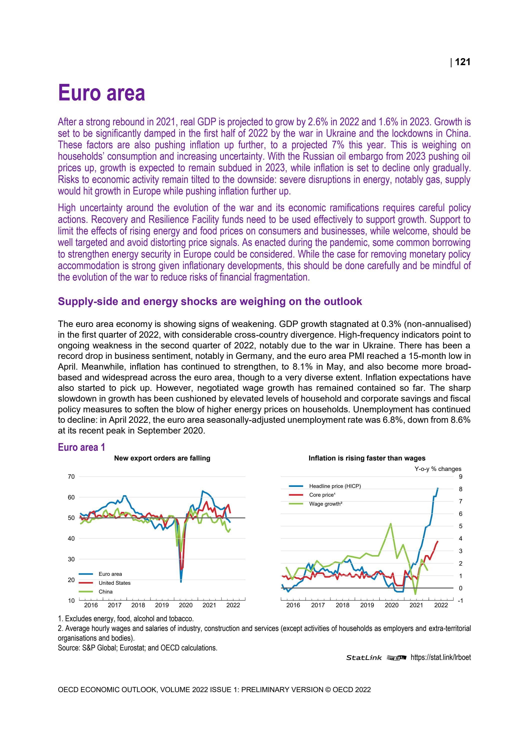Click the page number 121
pyautogui.click(x=462, y=62)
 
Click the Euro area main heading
pyautogui.click(x=101, y=93)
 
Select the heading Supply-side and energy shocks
pyautogui.click(x=210, y=301)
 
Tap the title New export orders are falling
pyautogui.click(x=162, y=458)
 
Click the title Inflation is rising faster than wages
pyautogui.click(x=367, y=458)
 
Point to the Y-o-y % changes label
pyautogui.click(x=438, y=469)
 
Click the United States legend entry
pyautogui.click(x=114, y=583)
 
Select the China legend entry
pyautogui.click(x=105, y=592)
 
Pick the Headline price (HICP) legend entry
pyautogui.click(x=335, y=486)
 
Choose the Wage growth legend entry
pyautogui.click(x=325, y=504)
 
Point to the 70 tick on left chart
pyautogui.click(x=71, y=477)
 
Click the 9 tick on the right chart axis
pyautogui.click(x=460, y=477)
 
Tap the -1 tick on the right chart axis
pyautogui.click(x=460, y=600)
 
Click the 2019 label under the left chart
pyautogui.click(x=162, y=605)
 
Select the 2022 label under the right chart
pyautogui.click(x=441, y=605)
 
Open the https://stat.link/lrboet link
pyautogui.click(x=440, y=657)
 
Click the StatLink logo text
pyautogui.click(x=364, y=658)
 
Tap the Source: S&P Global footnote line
pyautogui.click(x=137, y=647)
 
